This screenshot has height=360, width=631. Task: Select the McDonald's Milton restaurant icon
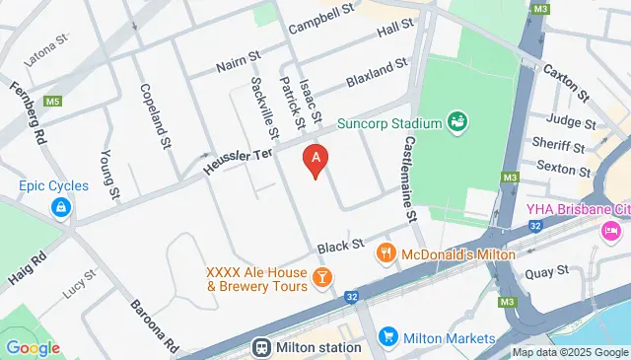386,254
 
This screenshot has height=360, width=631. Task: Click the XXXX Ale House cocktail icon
320,279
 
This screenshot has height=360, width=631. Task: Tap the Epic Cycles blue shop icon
61,207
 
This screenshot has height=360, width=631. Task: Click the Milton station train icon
262,347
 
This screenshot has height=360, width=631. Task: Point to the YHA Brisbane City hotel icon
610,231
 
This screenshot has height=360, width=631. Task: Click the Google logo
33,347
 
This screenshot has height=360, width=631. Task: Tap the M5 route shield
53,101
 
